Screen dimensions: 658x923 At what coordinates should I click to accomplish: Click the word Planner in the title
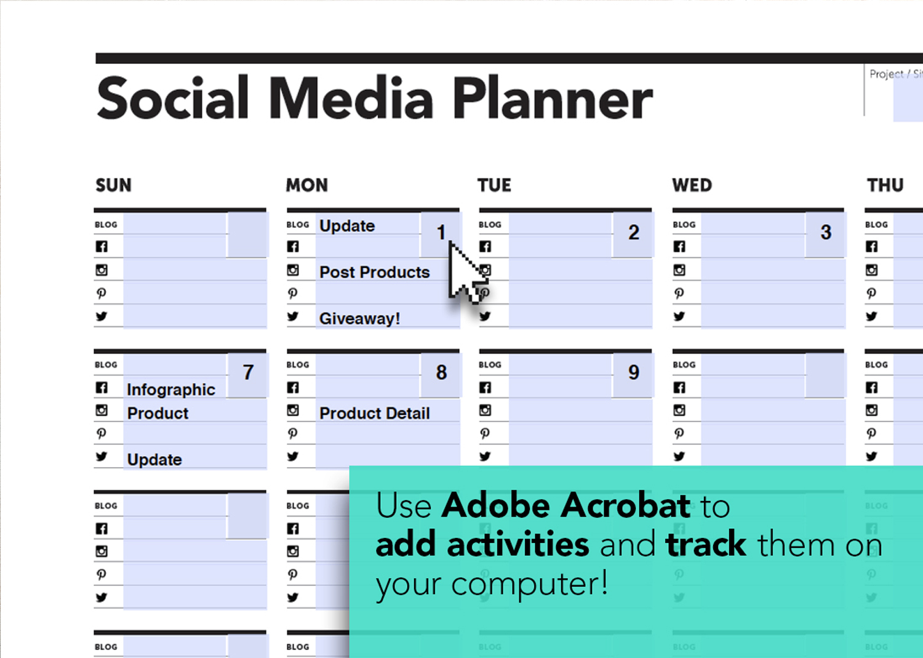coord(552,98)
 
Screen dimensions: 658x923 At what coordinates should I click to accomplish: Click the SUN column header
coord(113,185)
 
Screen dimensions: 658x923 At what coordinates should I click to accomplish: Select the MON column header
coord(306,185)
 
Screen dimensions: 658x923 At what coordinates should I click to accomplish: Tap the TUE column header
coord(494,185)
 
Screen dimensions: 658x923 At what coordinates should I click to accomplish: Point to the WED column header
coord(692,185)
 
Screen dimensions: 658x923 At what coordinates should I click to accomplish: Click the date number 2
coord(633,233)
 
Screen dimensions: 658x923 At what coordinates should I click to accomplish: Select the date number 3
coord(826,233)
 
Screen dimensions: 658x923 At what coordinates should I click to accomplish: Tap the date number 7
coord(248,372)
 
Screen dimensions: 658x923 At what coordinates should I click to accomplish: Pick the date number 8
coord(441,372)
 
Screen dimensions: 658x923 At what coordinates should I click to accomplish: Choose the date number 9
coord(633,372)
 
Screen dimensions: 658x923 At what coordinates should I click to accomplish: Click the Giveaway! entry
coord(359,319)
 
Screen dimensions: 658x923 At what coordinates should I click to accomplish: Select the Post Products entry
coord(374,272)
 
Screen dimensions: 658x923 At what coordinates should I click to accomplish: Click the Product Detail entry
coord(374,413)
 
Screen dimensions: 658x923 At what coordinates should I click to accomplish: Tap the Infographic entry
coord(170,390)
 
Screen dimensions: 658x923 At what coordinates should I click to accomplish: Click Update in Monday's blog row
coord(346,226)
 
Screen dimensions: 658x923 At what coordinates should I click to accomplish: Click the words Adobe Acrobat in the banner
coord(565,506)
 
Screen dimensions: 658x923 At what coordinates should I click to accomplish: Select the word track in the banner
coord(706,545)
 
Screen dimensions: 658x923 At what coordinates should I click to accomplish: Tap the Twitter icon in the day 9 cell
coord(485,457)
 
